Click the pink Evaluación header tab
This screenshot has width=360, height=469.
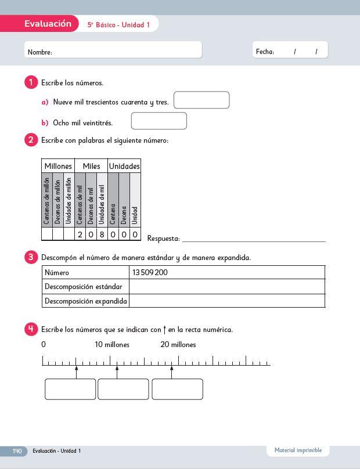coord(48,24)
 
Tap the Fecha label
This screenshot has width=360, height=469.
coord(265,52)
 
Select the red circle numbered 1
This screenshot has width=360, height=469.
coord(31,82)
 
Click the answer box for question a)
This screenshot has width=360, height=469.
coord(201,100)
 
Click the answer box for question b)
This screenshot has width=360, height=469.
coord(159,121)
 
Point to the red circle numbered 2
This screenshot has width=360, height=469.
coord(31,140)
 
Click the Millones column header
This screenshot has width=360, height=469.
coord(58,166)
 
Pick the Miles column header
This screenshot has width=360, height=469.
coord(91,166)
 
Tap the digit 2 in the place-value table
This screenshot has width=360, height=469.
coord(80,234)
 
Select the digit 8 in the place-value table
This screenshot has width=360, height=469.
coord(102,234)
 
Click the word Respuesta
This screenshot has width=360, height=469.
coord(163,239)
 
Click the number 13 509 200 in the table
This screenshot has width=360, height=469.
coord(150,272)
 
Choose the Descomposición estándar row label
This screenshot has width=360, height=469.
coord(84,287)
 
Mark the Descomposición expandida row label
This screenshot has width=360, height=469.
coord(86,301)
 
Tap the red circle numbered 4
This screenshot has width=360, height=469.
coord(31,329)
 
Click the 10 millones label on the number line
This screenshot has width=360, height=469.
coord(112,345)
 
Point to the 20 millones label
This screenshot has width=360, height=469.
coord(178,345)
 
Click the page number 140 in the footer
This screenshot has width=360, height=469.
coord(17,451)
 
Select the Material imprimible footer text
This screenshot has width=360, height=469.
coord(298,450)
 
